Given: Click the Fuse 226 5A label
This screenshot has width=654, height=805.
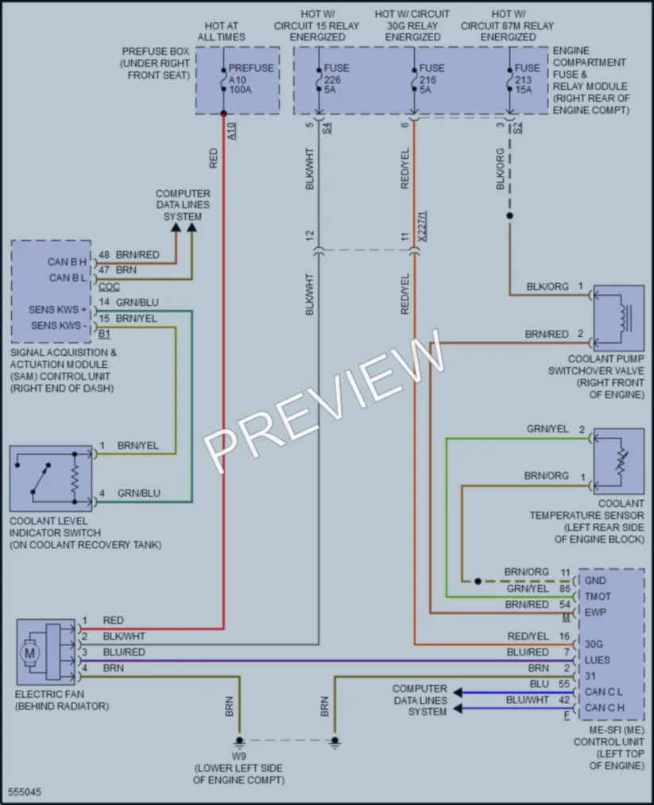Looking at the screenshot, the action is tap(336, 79).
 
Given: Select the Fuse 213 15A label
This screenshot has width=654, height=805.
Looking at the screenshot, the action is tap(527, 79).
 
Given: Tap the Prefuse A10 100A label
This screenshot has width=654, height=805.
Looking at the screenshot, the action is tap(250, 79).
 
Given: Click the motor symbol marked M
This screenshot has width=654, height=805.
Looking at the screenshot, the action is tap(29, 653).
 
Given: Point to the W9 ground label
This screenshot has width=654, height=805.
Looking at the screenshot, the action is tap(238, 757).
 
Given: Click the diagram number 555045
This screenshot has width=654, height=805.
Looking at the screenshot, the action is tap(25, 792).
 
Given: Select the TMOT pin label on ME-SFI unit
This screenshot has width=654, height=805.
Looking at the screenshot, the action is tap(598, 597).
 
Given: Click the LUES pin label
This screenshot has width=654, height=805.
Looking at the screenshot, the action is tap(597, 660).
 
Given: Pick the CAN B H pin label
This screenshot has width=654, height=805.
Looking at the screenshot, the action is tap(67, 261).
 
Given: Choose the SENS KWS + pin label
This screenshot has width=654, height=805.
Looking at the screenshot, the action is tap(57, 310).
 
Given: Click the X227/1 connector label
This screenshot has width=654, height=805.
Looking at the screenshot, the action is tap(422, 226).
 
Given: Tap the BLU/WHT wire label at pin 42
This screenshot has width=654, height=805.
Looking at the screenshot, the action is tap(527, 700).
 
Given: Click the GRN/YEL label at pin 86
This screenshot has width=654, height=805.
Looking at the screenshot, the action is tap(528, 589).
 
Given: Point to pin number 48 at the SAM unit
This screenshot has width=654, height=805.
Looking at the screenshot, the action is tap(104, 254).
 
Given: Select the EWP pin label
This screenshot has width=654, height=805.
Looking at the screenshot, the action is tap(595, 613).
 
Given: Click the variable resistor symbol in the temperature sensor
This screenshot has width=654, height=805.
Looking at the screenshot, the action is tap(622, 462).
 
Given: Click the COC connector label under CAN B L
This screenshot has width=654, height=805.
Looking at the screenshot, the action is tap(109, 286).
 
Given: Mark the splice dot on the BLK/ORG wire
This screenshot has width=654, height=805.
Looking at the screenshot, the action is tap(509, 216).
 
